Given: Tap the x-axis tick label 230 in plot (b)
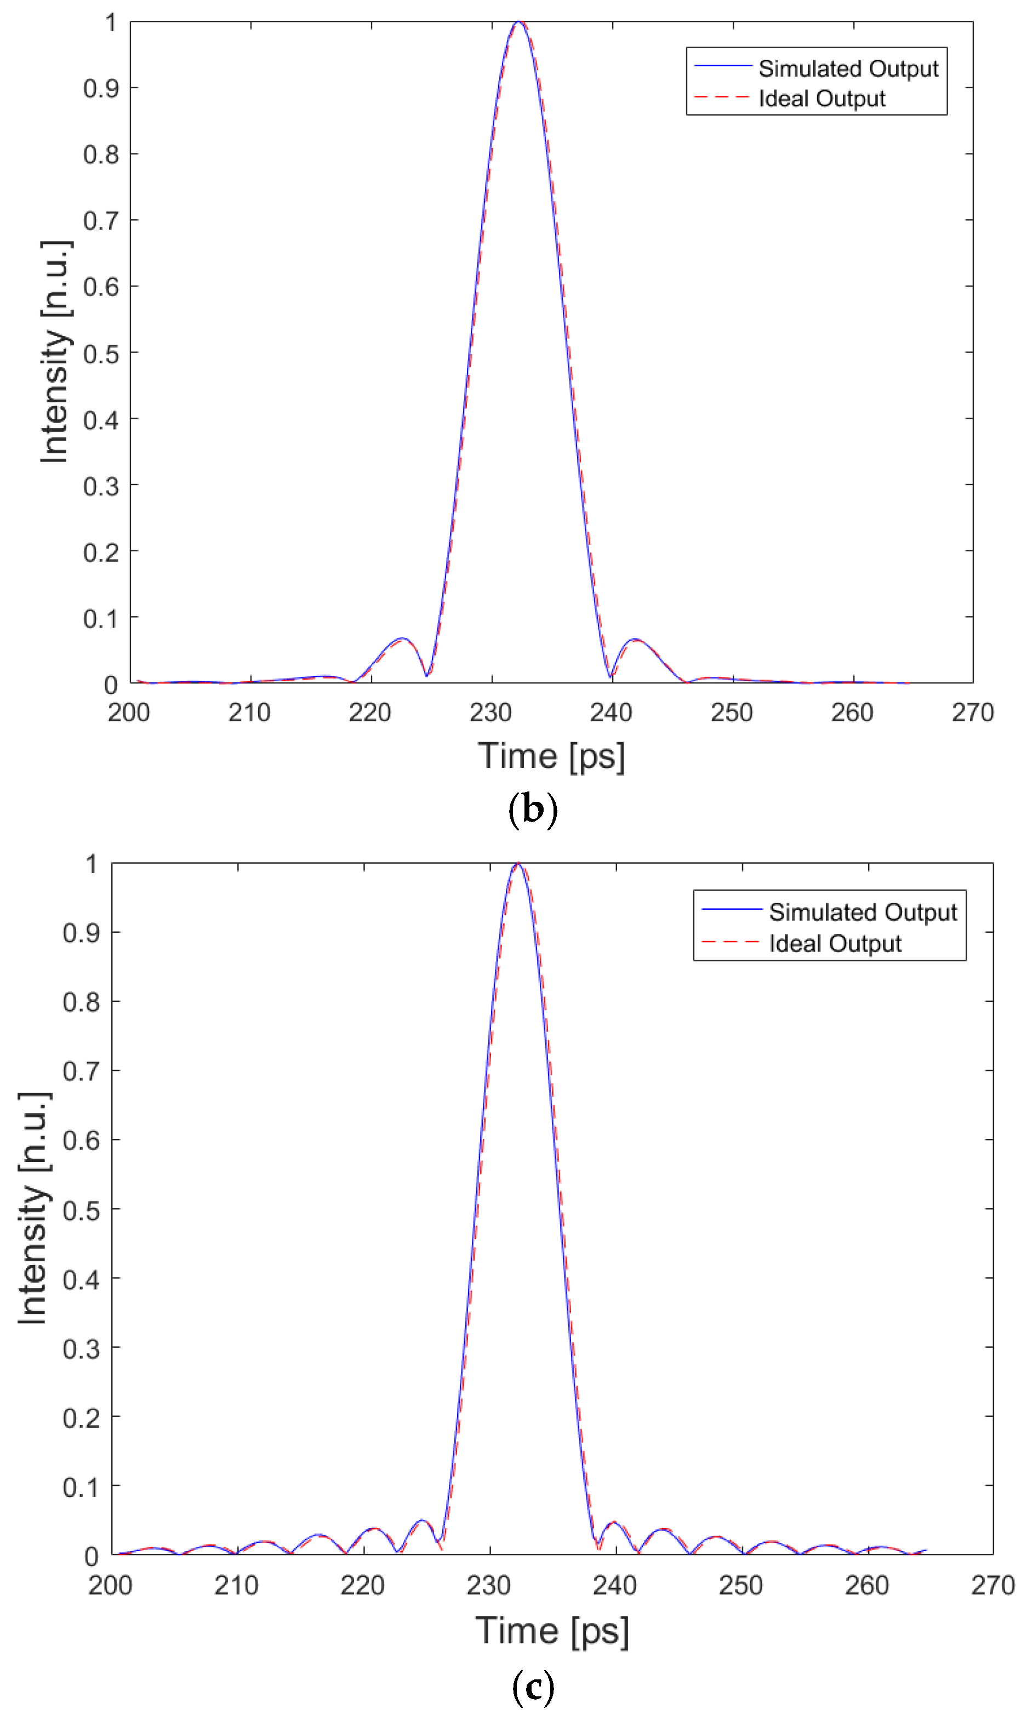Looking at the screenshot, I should click(x=490, y=712).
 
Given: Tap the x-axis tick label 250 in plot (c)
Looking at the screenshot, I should click(x=740, y=1585).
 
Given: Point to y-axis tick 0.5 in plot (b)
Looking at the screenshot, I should click(x=101, y=354).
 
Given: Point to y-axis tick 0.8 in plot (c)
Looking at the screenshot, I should click(x=81, y=1002).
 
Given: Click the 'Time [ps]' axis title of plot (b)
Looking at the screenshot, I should click(x=551, y=756).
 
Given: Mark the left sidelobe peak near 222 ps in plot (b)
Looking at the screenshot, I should click(x=402, y=638).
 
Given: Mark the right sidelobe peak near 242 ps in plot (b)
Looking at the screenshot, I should click(x=635, y=640).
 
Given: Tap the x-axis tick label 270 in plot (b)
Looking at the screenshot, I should click(x=972, y=712).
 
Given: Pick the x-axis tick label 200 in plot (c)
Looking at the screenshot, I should click(x=110, y=1585).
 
